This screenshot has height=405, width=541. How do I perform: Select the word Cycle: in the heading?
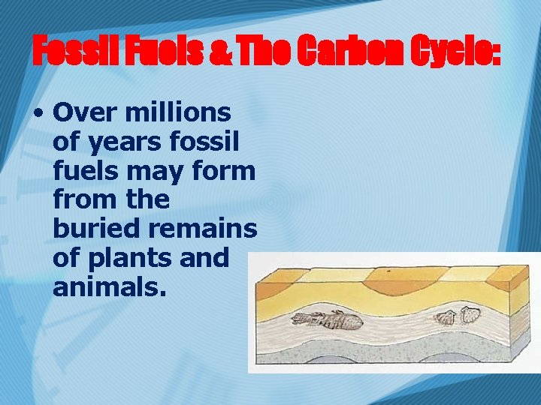[450, 52]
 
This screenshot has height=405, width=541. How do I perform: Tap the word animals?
[108, 286]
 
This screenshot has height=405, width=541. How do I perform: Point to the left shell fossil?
[446, 318]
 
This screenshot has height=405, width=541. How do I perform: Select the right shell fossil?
[470, 314]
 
